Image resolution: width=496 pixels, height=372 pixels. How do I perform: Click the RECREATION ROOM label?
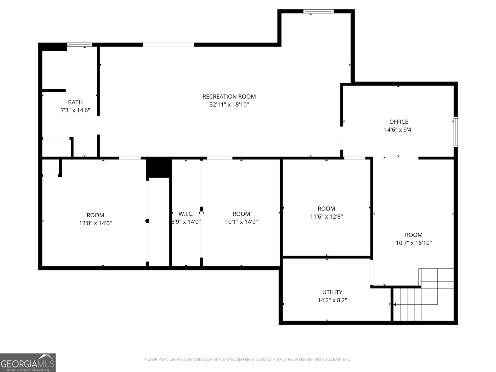point(229,96)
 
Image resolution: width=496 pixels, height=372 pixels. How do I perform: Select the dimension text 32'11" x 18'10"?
point(229,104)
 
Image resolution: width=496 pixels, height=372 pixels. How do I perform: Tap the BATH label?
point(75,102)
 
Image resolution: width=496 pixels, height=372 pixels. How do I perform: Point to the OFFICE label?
point(398,122)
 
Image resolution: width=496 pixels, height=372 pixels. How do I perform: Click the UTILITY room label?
point(332,292)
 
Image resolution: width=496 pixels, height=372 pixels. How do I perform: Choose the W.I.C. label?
point(186,214)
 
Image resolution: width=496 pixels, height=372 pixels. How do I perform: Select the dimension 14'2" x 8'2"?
point(332,300)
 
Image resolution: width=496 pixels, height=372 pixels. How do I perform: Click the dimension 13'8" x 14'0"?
point(95,223)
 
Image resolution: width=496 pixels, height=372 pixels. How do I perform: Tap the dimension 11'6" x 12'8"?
point(326,216)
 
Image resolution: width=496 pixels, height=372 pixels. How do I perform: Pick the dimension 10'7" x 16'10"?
point(414,243)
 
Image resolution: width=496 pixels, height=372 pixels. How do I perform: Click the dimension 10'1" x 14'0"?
point(241,222)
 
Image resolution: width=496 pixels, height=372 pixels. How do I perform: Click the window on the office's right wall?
point(455,131)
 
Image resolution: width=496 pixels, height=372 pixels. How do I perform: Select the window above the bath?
point(80,45)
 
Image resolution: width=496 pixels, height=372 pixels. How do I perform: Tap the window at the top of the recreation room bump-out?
point(318,11)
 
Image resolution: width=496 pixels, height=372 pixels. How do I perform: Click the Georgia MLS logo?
point(28,362)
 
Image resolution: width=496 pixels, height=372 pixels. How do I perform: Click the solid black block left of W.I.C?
point(158,167)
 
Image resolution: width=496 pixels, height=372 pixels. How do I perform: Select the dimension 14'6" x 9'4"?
point(398,130)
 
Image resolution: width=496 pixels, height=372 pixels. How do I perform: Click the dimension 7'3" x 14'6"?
point(75,110)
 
